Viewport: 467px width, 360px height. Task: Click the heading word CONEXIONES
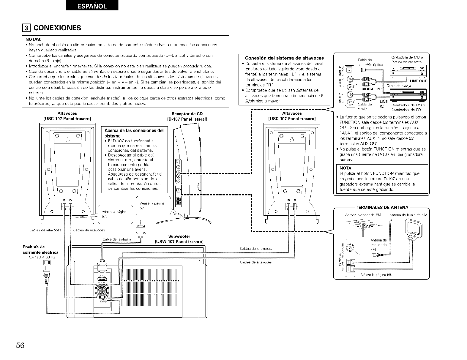[57, 28]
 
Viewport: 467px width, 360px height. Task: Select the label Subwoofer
[179, 236]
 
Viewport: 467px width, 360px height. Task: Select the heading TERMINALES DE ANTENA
[382, 207]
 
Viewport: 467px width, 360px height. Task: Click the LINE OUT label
[418, 81]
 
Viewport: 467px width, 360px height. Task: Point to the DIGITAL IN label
[371, 89]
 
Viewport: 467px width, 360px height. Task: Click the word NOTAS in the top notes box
[33, 39]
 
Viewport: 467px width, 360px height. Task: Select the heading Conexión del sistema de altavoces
[284, 58]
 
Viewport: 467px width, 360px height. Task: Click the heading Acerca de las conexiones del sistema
[134, 133]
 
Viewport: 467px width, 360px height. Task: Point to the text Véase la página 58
[376, 274]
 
